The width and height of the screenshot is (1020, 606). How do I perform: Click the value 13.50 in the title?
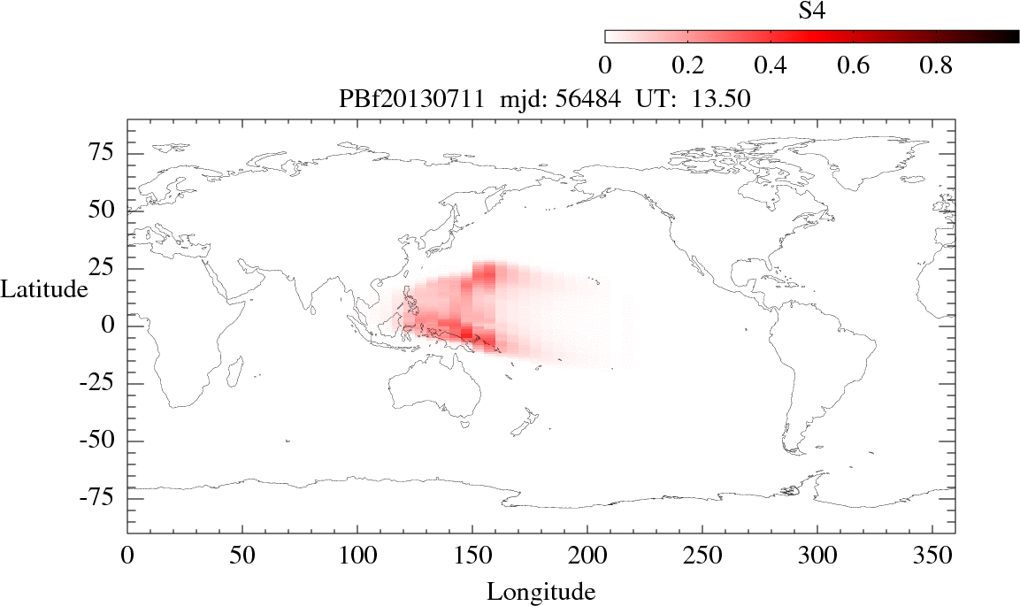(x=725, y=100)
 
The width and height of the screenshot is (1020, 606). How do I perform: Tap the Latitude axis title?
(x=44, y=288)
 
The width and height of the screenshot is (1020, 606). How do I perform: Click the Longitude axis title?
(x=541, y=591)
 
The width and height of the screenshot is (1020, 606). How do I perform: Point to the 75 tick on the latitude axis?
(x=105, y=153)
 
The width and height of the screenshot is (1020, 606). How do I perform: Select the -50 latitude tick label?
(x=101, y=441)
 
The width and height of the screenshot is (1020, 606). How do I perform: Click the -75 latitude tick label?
(x=101, y=498)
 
